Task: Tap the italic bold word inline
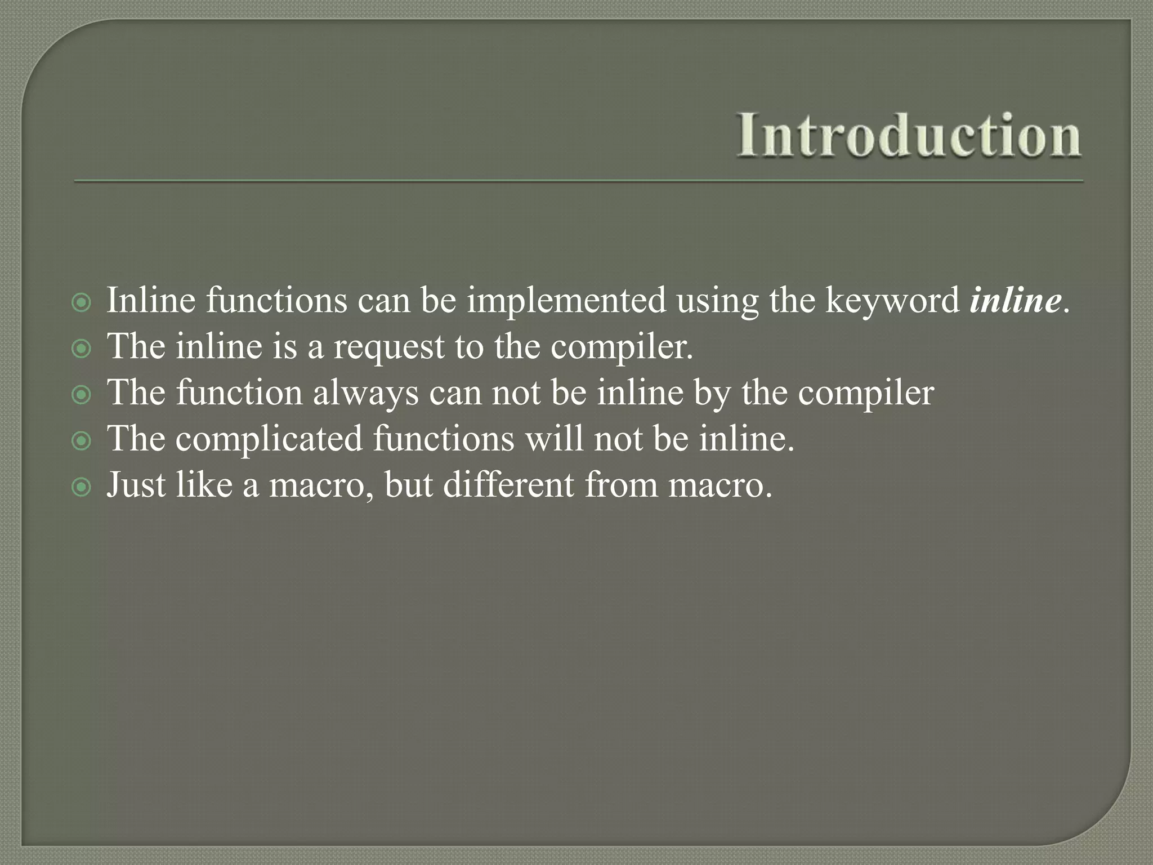pos(1015,300)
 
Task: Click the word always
pos(365,394)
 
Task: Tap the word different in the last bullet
pos(508,485)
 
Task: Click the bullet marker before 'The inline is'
pos(82,350)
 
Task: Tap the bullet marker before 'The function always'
pos(82,395)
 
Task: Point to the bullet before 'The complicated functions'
pos(82,441)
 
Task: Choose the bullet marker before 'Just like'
pos(82,487)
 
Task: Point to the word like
pos(204,485)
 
